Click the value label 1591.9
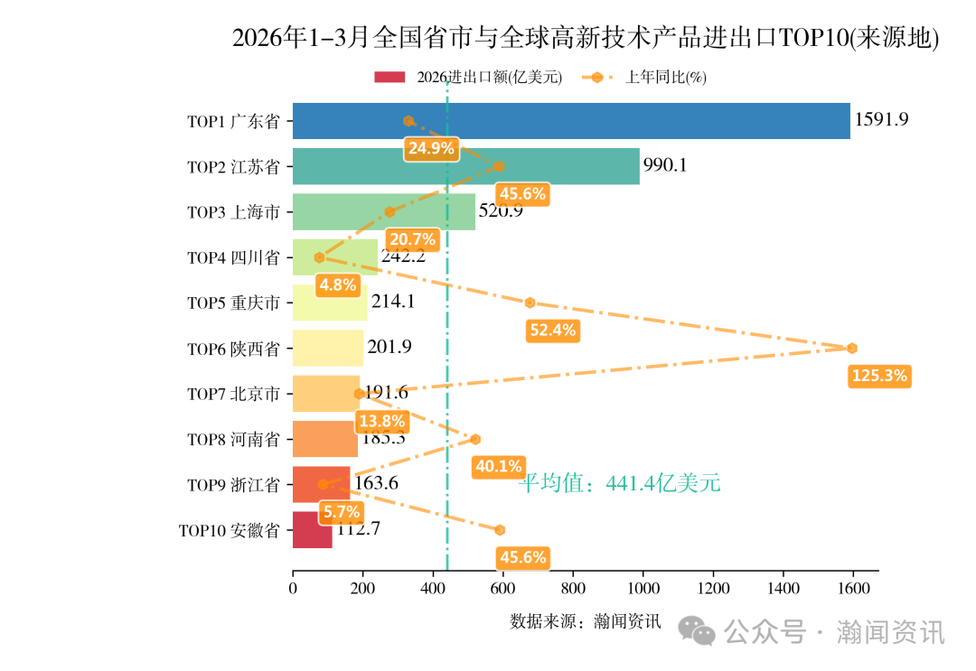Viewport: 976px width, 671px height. [x=881, y=119]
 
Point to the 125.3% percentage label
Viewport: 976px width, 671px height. [x=878, y=376]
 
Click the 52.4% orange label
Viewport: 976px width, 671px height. [x=552, y=331]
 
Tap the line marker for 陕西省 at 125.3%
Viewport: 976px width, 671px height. [x=851, y=349]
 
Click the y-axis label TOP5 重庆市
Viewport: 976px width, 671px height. [x=232, y=303]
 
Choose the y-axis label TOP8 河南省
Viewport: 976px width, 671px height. [x=232, y=440]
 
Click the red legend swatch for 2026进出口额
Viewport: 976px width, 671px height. [x=389, y=78]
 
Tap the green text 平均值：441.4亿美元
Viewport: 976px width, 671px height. [x=619, y=484]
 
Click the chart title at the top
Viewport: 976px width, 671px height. [x=586, y=39]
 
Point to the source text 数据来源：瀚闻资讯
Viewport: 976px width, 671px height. [x=586, y=621]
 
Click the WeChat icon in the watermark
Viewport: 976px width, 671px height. [x=698, y=631]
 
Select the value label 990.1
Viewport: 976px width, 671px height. [x=665, y=164]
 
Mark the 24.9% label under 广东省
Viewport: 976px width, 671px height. [x=431, y=149]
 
